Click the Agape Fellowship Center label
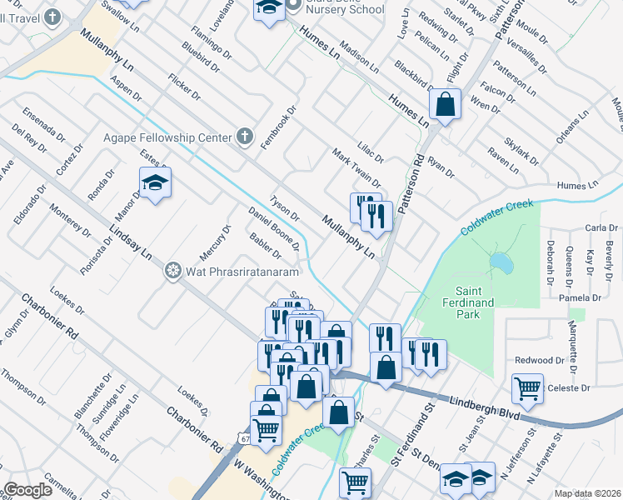pos(167,137)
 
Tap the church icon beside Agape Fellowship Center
pos(244,135)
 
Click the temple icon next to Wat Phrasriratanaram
pos(172,270)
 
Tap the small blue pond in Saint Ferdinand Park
pos(501,263)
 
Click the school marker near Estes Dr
pos(155,182)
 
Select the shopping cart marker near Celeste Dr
pos(527,386)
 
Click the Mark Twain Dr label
pos(356,167)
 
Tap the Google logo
pos(28,490)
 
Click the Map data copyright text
pos(588,493)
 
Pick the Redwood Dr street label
pos(540,360)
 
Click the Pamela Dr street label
pos(581,297)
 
